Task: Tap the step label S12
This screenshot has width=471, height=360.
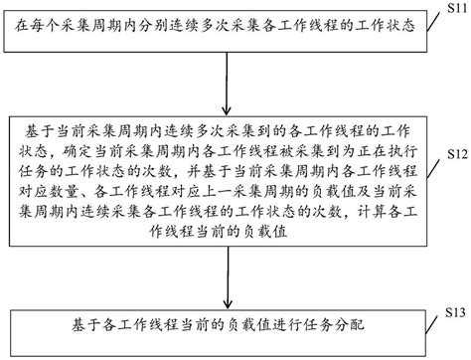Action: point(454,155)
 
